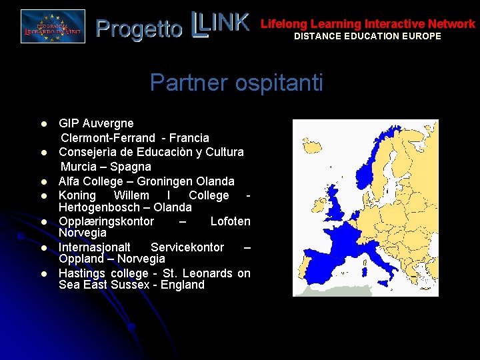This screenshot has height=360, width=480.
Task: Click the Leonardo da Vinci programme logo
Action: (53, 27)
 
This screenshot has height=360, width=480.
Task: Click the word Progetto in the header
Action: (139, 29)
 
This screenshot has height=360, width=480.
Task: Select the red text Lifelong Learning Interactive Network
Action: (367, 24)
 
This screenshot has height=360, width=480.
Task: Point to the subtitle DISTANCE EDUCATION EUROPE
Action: (367, 36)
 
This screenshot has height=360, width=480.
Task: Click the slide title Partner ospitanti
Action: (236, 83)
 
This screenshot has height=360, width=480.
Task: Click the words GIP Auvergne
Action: (96, 123)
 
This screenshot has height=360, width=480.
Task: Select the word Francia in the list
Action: (189, 138)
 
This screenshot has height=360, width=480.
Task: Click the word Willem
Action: (131, 196)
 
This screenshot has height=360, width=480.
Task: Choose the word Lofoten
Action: (230, 221)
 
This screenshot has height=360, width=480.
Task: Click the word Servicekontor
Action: (187, 247)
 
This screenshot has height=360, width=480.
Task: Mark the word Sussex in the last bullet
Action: (135, 285)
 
